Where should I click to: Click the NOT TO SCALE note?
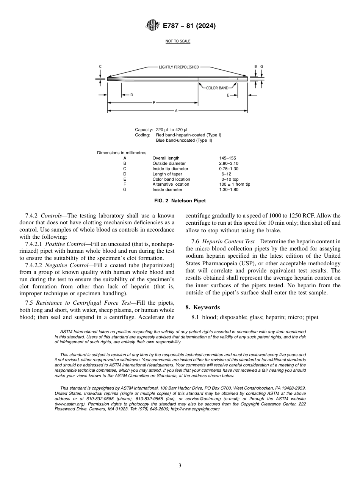coord(178,41)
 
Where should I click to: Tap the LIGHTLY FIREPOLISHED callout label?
coord(178,67)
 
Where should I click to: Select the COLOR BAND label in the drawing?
coord(217,88)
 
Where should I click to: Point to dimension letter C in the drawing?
coord(100,67)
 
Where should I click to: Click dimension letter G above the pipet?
coord(262,67)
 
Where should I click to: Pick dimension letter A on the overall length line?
coord(176,111)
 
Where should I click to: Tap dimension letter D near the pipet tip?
coord(131,95)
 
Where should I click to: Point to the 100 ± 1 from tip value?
coord(232,184)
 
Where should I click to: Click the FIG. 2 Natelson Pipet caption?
coord(180,200)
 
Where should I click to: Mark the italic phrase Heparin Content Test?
coord(230,241)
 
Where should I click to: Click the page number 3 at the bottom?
coord(180,465)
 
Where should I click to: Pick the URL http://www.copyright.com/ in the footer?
coord(195,409)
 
